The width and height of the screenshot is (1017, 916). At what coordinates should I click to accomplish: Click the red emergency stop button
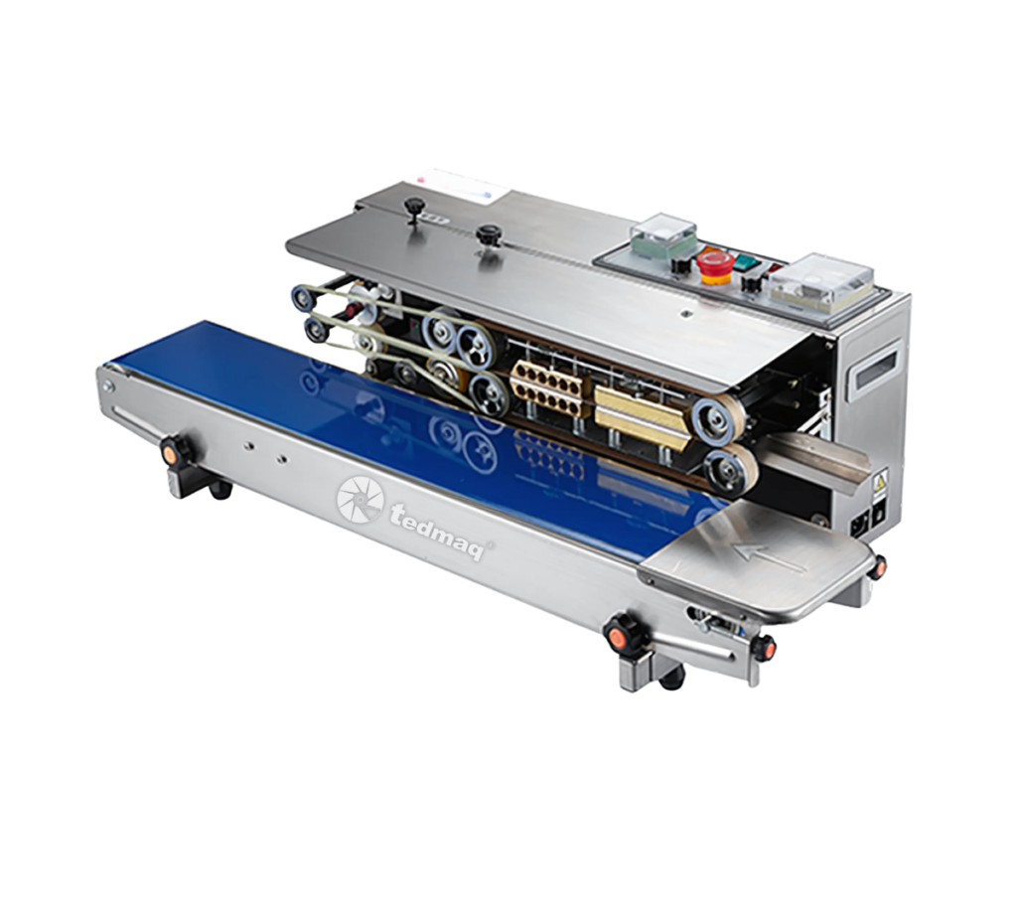[715, 265]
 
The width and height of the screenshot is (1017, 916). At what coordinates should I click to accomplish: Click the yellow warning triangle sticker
[881, 482]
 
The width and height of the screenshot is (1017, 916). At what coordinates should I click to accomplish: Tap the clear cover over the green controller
[662, 233]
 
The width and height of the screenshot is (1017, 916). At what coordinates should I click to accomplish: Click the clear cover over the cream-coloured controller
[821, 281]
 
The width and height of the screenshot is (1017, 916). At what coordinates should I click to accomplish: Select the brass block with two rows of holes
[548, 387]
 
